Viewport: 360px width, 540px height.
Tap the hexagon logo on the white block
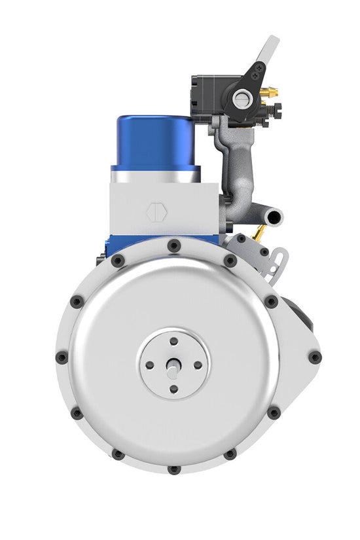pyautogui.click(x=156, y=213)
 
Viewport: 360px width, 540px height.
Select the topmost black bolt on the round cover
pyautogui.click(x=173, y=246)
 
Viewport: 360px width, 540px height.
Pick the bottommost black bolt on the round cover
pyautogui.click(x=173, y=469)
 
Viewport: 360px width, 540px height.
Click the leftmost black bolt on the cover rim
pyautogui.click(x=62, y=358)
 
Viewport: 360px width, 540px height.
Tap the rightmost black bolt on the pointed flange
pyautogui.click(x=314, y=357)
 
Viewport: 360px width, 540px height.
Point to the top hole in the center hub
pyautogui.click(x=173, y=341)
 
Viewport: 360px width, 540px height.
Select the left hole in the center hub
pyautogui.click(x=150, y=365)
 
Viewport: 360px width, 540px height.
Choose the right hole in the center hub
pyautogui.click(x=198, y=365)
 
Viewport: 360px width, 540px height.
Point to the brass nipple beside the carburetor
pyautogui.click(x=270, y=94)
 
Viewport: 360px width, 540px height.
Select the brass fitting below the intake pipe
pyautogui.click(x=260, y=232)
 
